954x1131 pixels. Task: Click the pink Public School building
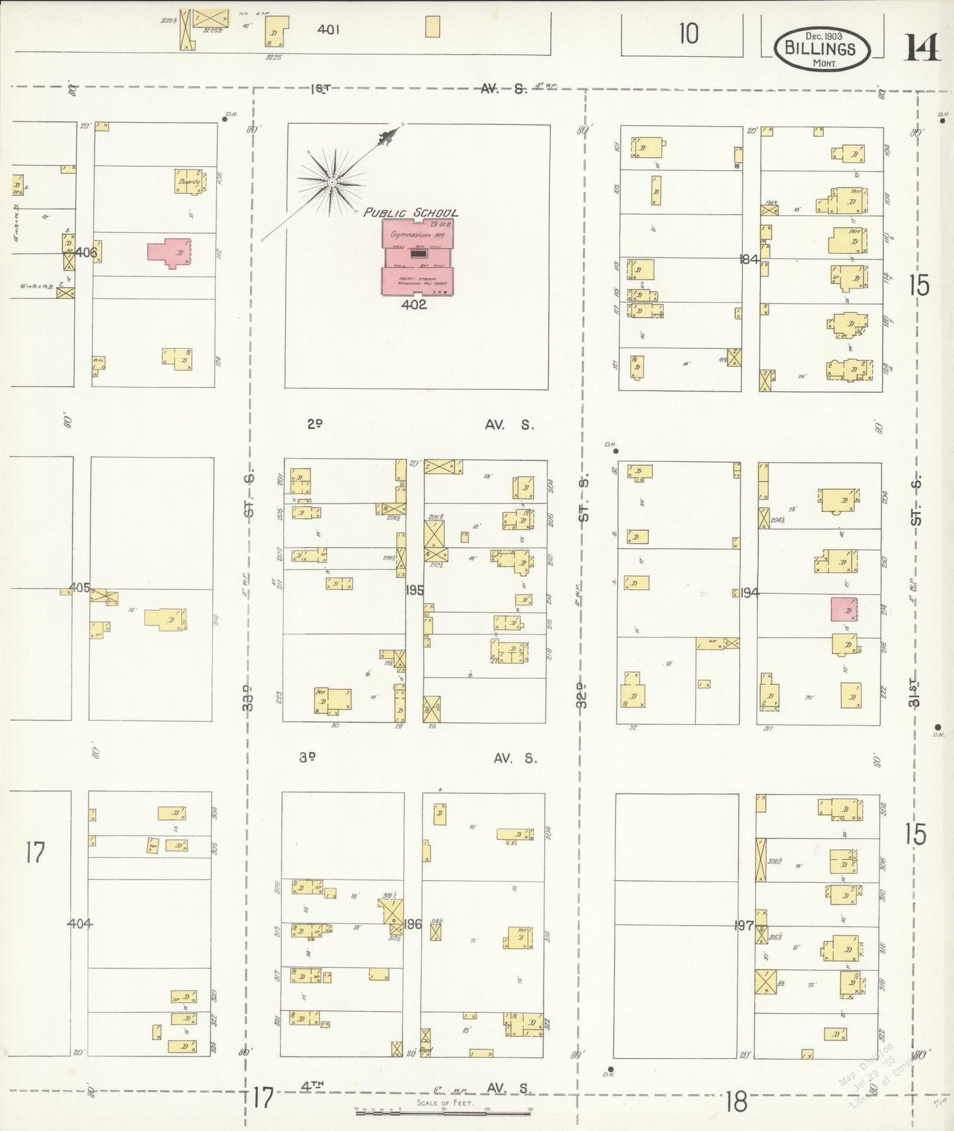coord(417,257)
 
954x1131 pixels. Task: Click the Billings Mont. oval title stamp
coord(821,48)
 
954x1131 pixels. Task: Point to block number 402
coord(413,305)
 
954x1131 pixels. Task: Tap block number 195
coord(415,590)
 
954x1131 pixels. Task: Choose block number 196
coord(413,924)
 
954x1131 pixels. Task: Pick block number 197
coord(744,925)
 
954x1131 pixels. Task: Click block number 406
coord(86,252)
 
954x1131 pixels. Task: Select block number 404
coord(80,924)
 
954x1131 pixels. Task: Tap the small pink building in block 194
coord(843,609)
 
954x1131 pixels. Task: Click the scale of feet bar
coord(443,1112)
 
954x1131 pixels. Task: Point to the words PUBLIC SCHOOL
coord(411,212)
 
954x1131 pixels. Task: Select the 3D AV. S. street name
coord(418,759)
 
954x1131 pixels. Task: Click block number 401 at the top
coord(328,30)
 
